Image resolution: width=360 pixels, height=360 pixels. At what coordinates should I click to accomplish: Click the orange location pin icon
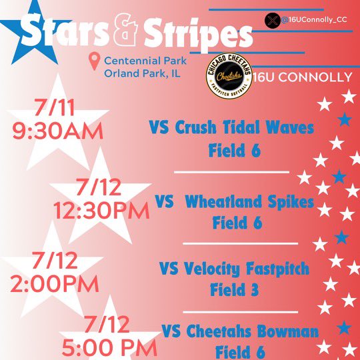tap(95, 62)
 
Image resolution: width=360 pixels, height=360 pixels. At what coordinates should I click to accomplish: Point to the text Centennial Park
tap(145, 61)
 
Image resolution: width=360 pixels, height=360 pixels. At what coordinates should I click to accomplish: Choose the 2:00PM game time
tap(51, 282)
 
